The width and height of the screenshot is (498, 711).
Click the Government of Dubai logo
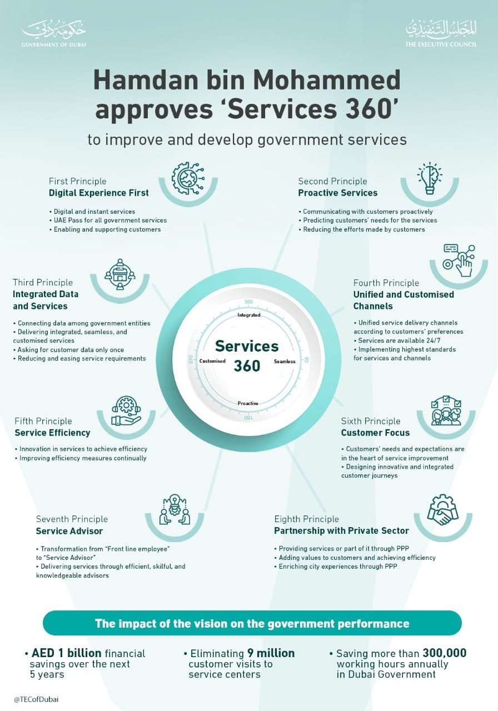[54, 34]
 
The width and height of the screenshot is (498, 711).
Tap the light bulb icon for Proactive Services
[430, 178]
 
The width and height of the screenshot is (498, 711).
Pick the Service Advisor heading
[69, 531]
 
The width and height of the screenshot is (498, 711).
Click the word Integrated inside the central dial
[249, 315]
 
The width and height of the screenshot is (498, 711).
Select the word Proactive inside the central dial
[248, 403]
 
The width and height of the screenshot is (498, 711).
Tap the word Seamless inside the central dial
[285, 361]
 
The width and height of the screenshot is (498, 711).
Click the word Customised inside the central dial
[212, 361]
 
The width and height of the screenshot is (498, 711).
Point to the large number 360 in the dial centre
[247, 365]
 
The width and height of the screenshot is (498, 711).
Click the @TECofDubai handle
[36, 699]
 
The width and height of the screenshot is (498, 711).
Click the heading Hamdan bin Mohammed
[247, 81]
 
